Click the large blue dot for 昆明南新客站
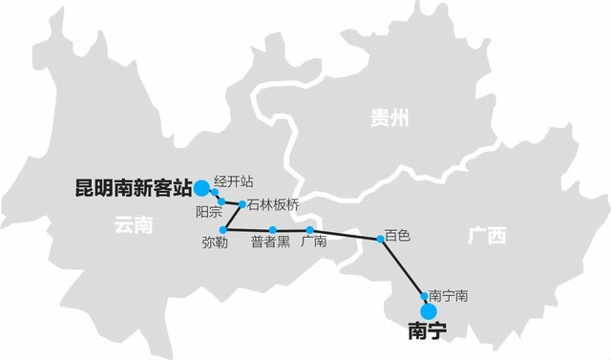point(201,187)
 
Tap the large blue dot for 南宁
point(429,311)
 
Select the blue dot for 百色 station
point(381,239)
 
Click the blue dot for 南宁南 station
point(424,295)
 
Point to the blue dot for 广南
point(310,230)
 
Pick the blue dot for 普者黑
point(272,230)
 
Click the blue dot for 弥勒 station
point(223,230)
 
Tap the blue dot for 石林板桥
point(242,204)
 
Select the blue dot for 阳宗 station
point(221,201)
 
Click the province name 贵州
point(389,118)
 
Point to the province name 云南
point(133,225)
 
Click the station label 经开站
point(233,180)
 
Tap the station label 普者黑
point(270,243)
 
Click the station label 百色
point(398,233)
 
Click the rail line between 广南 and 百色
point(346,234)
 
